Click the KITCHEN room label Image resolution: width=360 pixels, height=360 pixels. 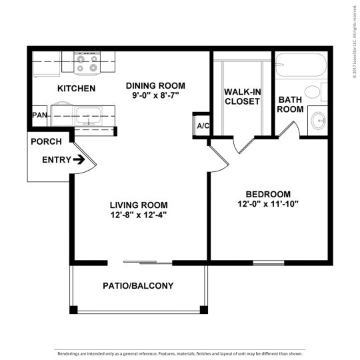click(76, 89)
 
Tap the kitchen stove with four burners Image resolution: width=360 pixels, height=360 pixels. click(87, 63)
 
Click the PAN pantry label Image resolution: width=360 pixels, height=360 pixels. click(39, 115)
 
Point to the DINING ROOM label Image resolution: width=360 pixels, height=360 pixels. click(155, 86)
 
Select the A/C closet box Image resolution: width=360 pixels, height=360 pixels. click(201, 125)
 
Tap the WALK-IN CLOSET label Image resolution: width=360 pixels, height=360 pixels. click(242, 96)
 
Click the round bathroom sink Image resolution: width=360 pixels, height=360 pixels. click(319, 121)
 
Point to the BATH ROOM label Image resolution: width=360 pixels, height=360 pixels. click(290, 104)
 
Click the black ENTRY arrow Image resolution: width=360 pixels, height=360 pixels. click(79, 160)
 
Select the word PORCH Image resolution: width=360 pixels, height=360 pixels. click(47, 141)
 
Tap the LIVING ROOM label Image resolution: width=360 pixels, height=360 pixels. click(139, 205)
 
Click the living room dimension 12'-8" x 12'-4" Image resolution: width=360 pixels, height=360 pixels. click(139, 215)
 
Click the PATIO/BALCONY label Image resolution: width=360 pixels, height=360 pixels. click(138, 286)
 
